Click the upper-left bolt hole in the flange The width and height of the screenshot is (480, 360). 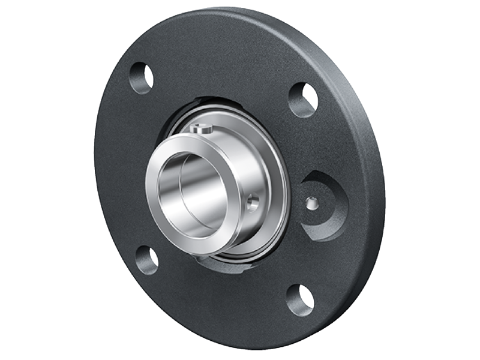point(142,77)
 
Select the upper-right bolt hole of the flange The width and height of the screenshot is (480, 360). point(303,100)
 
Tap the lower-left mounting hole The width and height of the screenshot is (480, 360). point(146,260)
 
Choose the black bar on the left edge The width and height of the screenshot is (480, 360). point(24,180)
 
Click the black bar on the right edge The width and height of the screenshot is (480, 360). point(455,180)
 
